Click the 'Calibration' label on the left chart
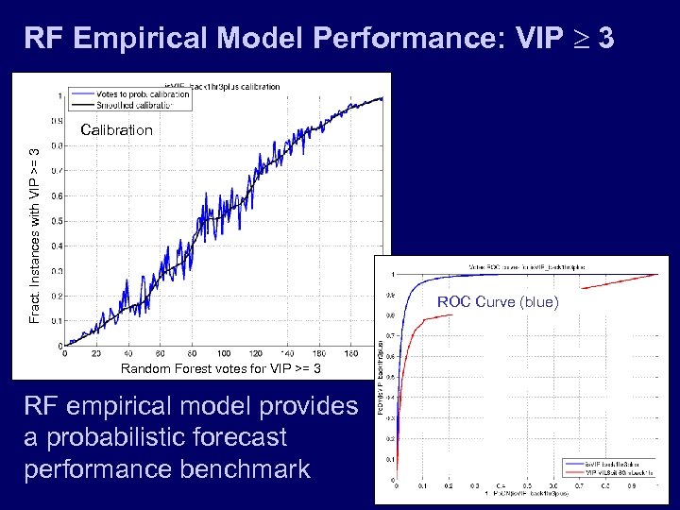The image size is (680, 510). pos(116,130)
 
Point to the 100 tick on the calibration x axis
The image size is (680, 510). pos(224,354)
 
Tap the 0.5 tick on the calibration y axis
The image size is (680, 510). pos(56,221)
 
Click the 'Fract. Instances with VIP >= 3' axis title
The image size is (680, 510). pos(35,235)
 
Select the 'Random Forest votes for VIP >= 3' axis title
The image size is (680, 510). pos(220,368)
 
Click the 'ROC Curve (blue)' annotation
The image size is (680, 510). pos(498,302)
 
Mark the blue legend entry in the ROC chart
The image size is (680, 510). pos(614,464)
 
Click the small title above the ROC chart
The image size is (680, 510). pos(523,266)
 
